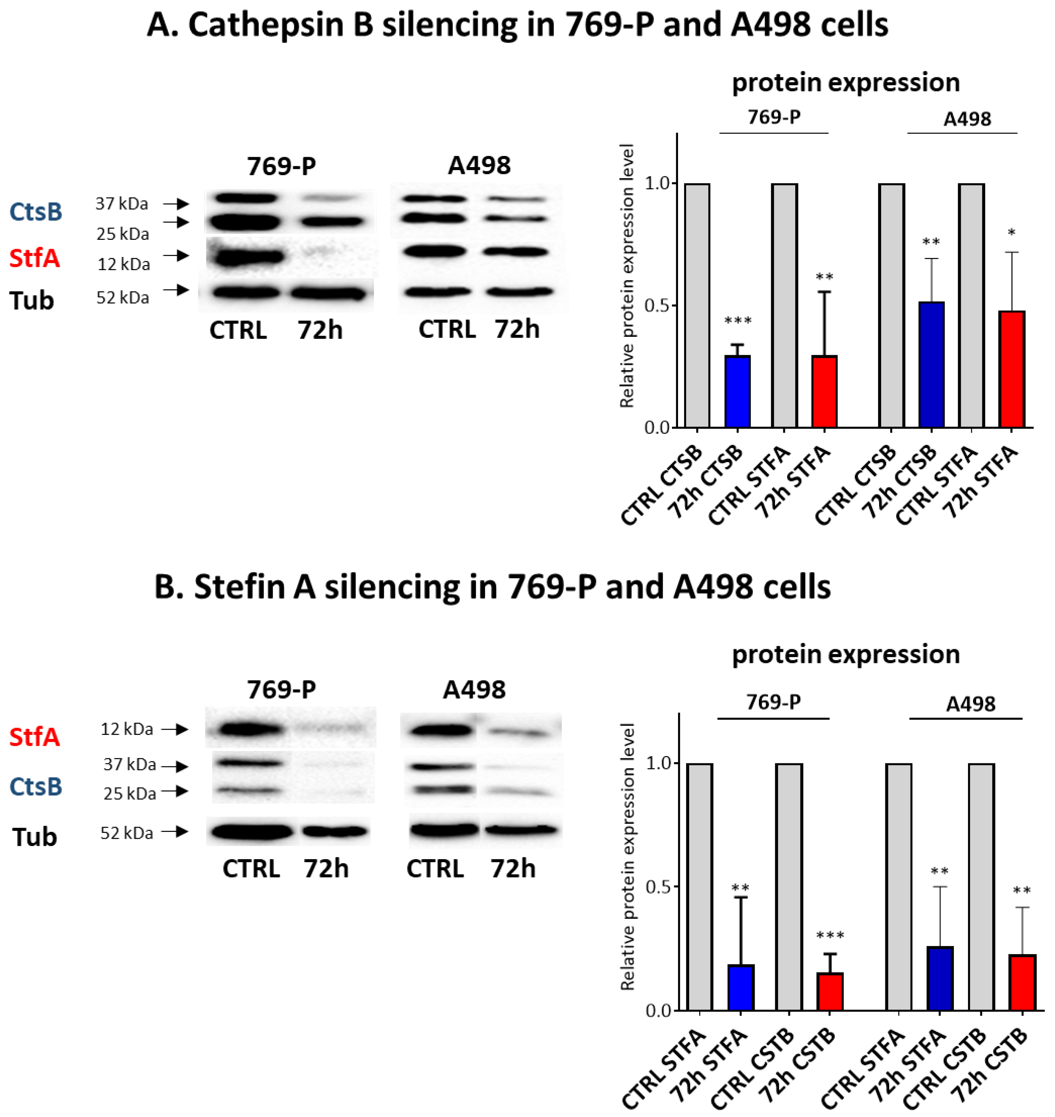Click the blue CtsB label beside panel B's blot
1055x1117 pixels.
[35, 786]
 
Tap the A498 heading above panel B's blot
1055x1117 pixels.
[474, 689]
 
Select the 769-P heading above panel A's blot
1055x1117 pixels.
[281, 166]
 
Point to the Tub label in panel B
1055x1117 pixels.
[34, 837]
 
